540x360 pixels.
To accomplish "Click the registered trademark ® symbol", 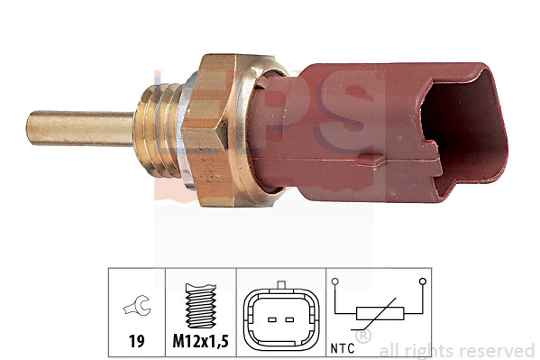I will pyautogui.click(x=362, y=336).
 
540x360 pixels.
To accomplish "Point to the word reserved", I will pyautogui.click(x=499, y=350).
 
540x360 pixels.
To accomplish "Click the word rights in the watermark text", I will pyautogui.click(x=430, y=350).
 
